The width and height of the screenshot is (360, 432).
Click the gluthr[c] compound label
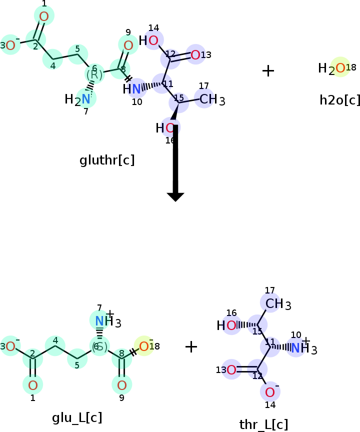(x=107, y=160)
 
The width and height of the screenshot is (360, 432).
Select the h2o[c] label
(x=339, y=100)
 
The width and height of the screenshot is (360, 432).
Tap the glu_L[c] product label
(x=77, y=417)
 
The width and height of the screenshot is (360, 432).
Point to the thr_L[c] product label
(x=263, y=424)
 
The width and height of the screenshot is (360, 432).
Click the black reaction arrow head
(x=175, y=196)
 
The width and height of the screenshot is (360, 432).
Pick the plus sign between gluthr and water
(x=268, y=71)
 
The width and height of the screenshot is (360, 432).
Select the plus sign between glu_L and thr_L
(x=191, y=346)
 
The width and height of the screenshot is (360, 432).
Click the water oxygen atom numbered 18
(x=340, y=68)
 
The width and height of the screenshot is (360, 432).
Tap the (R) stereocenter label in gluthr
(x=94, y=74)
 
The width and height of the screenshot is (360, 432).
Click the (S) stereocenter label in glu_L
(x=99, y=346)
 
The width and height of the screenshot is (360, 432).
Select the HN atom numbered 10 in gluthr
(x=133, y=89)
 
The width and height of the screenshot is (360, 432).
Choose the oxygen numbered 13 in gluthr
(x=195, y=55)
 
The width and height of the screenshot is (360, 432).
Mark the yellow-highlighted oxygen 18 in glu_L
(x=144, y=346)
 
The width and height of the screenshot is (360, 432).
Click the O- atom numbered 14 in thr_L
(x=270, y=391)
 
